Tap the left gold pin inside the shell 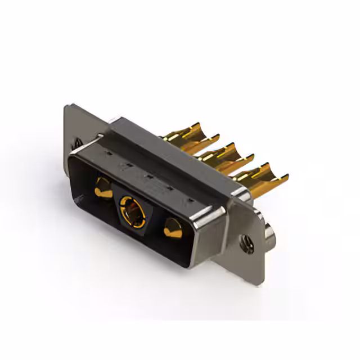point(103,187)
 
